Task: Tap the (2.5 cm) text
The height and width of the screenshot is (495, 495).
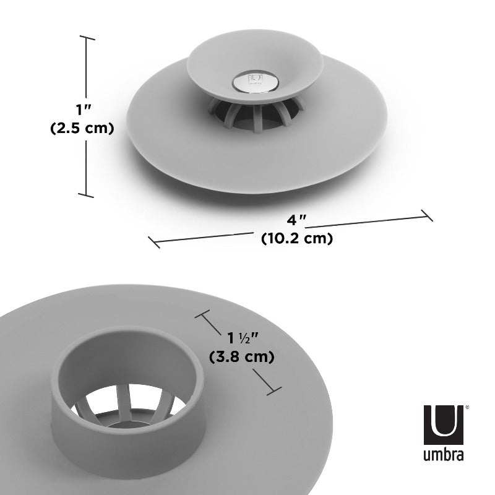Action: coord(81,129)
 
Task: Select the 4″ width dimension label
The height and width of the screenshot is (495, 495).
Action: coord(296,220)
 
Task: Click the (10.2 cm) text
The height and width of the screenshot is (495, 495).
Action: coord(297,238)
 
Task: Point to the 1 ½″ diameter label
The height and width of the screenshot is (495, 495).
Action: coord(241,338)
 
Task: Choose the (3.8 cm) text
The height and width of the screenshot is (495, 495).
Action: coord(242,357)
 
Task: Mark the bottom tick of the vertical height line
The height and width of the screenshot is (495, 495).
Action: coord(87,197)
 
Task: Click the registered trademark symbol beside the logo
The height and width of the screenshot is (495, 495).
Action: coord(467,408)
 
